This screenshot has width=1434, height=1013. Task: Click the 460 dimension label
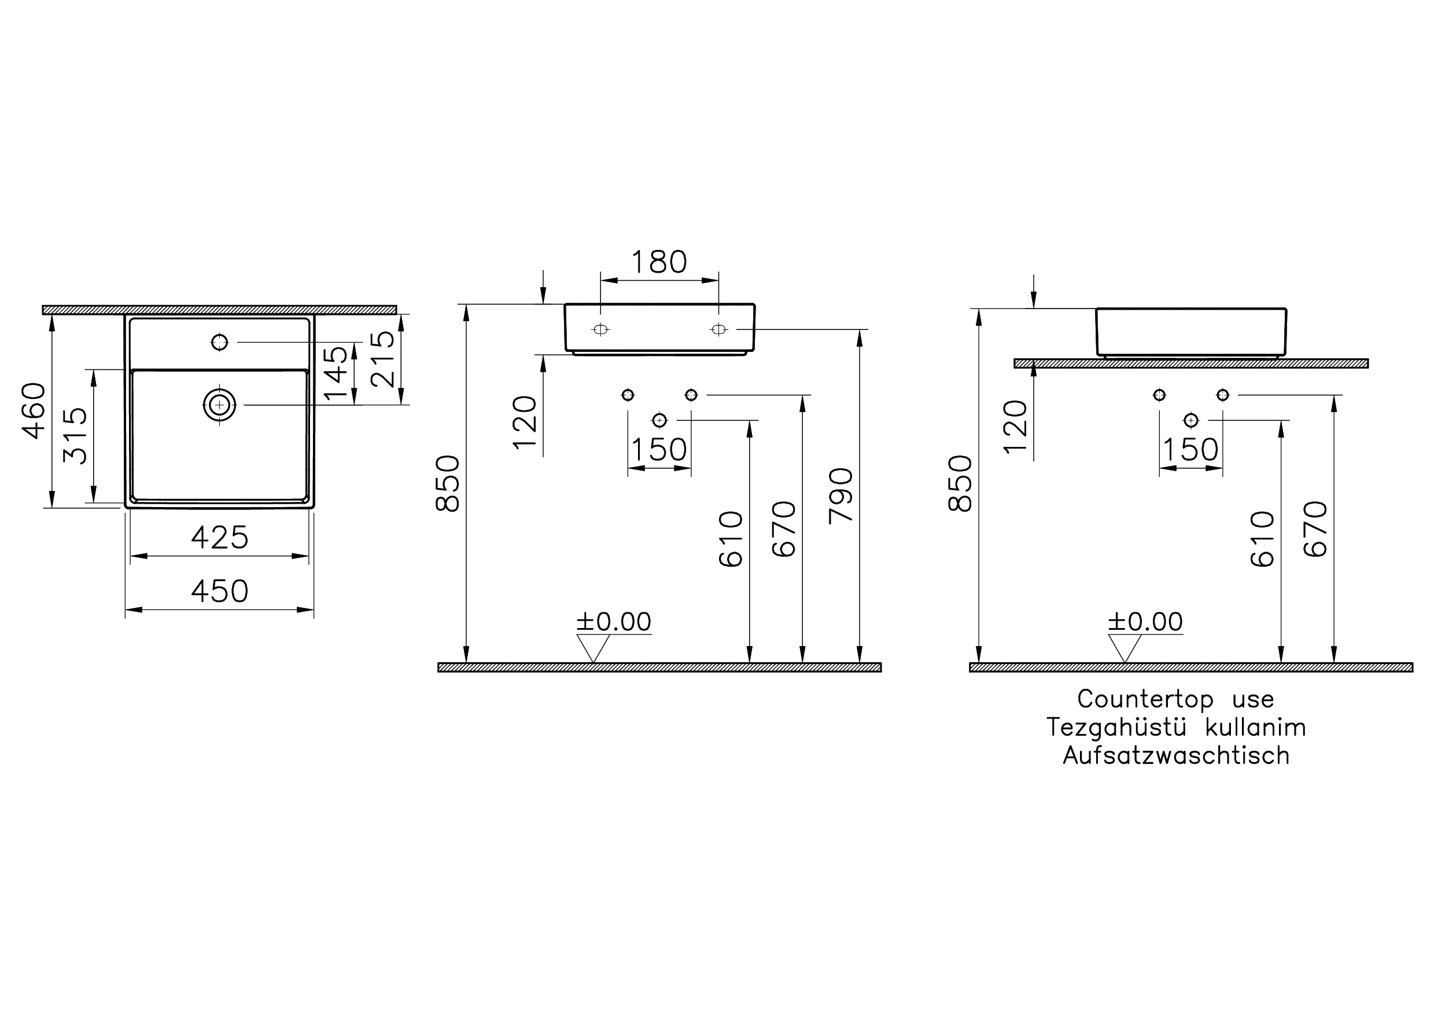point(35,410)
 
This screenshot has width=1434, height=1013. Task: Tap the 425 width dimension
point(219,537)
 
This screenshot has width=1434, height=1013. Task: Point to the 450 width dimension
point(219,591)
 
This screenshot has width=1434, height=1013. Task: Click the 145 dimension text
point(336,373)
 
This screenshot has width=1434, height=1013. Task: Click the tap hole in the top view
point(219,343)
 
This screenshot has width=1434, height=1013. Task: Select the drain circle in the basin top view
point(219,405)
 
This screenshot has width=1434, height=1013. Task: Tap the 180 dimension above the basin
point(659,262)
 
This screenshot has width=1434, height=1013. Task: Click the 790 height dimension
point(841,496)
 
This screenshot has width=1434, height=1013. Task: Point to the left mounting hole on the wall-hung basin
point(600,329)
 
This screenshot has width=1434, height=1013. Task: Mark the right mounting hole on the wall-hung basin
point(718,329)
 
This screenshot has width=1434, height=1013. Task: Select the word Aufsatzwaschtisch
point(1176,755)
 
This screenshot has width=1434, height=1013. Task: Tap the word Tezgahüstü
point(1116,728)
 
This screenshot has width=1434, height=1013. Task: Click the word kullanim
point(1255,728)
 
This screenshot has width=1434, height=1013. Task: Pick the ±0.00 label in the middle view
point(613,622)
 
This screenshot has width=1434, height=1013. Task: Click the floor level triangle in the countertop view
point(1124,647)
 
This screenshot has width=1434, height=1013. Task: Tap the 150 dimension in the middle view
point(659,450)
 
